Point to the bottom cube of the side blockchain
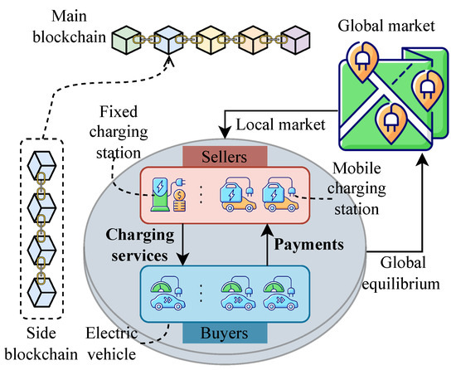(x=40, y=291)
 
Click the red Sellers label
(x=226, y=158)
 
